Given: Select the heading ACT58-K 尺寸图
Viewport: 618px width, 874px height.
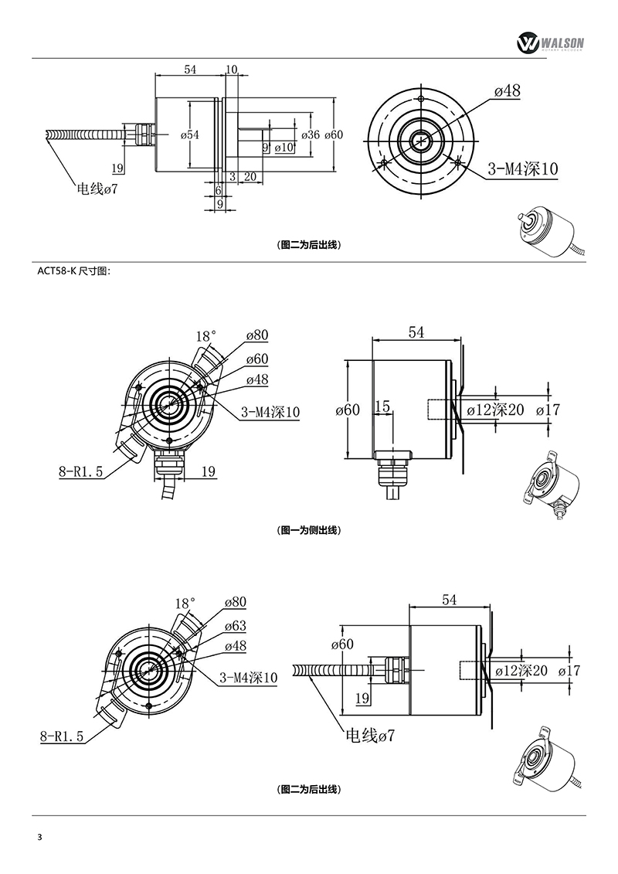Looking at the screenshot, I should tap(74, 271).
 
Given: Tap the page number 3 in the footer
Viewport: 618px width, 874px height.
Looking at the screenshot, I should tap(39, 838).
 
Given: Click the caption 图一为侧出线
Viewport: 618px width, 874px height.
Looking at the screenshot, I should tap(308, 530).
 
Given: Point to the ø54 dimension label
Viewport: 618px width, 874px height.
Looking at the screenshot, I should tap(190, 135).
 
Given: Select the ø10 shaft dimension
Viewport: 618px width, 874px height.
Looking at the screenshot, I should tap(284, 147).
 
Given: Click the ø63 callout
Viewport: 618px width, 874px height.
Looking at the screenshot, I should tap(235, 625).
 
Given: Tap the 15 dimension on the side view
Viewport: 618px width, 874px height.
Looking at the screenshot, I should tap(383, 406).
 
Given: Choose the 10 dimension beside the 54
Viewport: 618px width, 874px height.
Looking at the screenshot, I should tap(232, 70).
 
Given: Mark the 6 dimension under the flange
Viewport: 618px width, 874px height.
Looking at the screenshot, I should tap(218, 189).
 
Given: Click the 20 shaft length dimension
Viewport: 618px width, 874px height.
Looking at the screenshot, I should tap(250, 176).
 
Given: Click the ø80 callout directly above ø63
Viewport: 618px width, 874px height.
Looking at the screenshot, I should tap(235, 602).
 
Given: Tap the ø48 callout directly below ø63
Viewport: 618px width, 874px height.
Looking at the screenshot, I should tap(235, 646).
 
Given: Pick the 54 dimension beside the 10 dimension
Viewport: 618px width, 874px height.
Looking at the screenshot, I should tap(190, 70).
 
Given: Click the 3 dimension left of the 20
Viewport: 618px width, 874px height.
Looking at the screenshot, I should tap(232, 176).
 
